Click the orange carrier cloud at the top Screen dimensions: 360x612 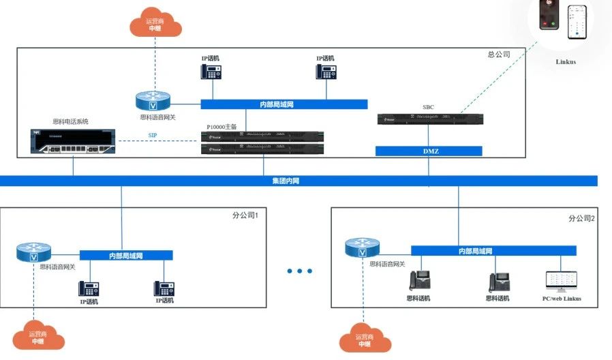coord(155,24)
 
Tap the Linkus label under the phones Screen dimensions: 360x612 coord(566,62)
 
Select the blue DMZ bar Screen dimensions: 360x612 coord(429,151)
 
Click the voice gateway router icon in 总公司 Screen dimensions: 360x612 coord(153,101)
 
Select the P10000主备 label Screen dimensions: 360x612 coord(221,127)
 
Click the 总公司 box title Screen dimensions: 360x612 coord(499,54)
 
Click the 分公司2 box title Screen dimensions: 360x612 coord(581,218)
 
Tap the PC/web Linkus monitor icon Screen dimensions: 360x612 coord(561,281)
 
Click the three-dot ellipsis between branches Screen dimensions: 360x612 coord(299,271)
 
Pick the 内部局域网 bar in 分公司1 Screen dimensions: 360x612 coord(126,255)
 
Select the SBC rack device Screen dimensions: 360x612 coord(430,119)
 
